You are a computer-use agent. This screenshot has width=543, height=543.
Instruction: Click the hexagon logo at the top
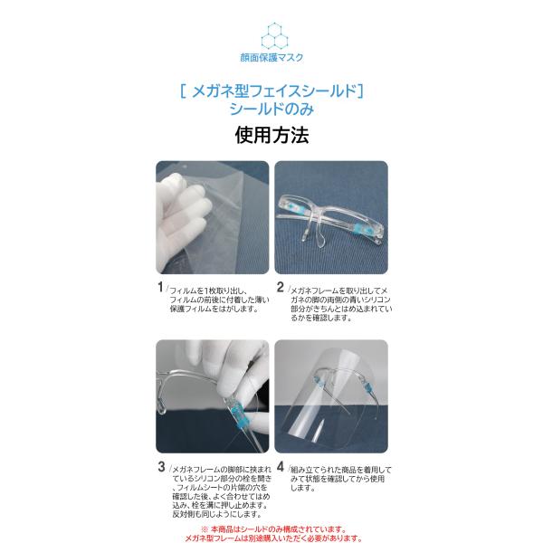coord(274,35)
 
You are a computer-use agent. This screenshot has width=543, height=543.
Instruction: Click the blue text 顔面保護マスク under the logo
coord(271,58)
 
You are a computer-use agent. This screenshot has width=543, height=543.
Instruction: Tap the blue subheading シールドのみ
coord(271,110)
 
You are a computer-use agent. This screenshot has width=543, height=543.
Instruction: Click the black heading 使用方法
coord(271,135)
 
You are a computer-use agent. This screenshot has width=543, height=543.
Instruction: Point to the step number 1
coord(160,287)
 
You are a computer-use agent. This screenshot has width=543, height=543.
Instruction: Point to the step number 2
coord(281,287)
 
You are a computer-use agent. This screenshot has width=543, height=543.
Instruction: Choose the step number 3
coord(161,467)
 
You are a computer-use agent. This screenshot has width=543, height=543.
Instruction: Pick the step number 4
coord(281,467)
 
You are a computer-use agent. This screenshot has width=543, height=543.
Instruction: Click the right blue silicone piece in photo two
coord(360,229)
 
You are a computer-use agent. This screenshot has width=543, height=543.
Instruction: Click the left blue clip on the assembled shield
coord(318,381)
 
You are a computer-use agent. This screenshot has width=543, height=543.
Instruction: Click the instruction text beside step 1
coord(219,300)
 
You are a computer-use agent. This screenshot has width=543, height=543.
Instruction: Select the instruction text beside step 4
coord(341,479)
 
